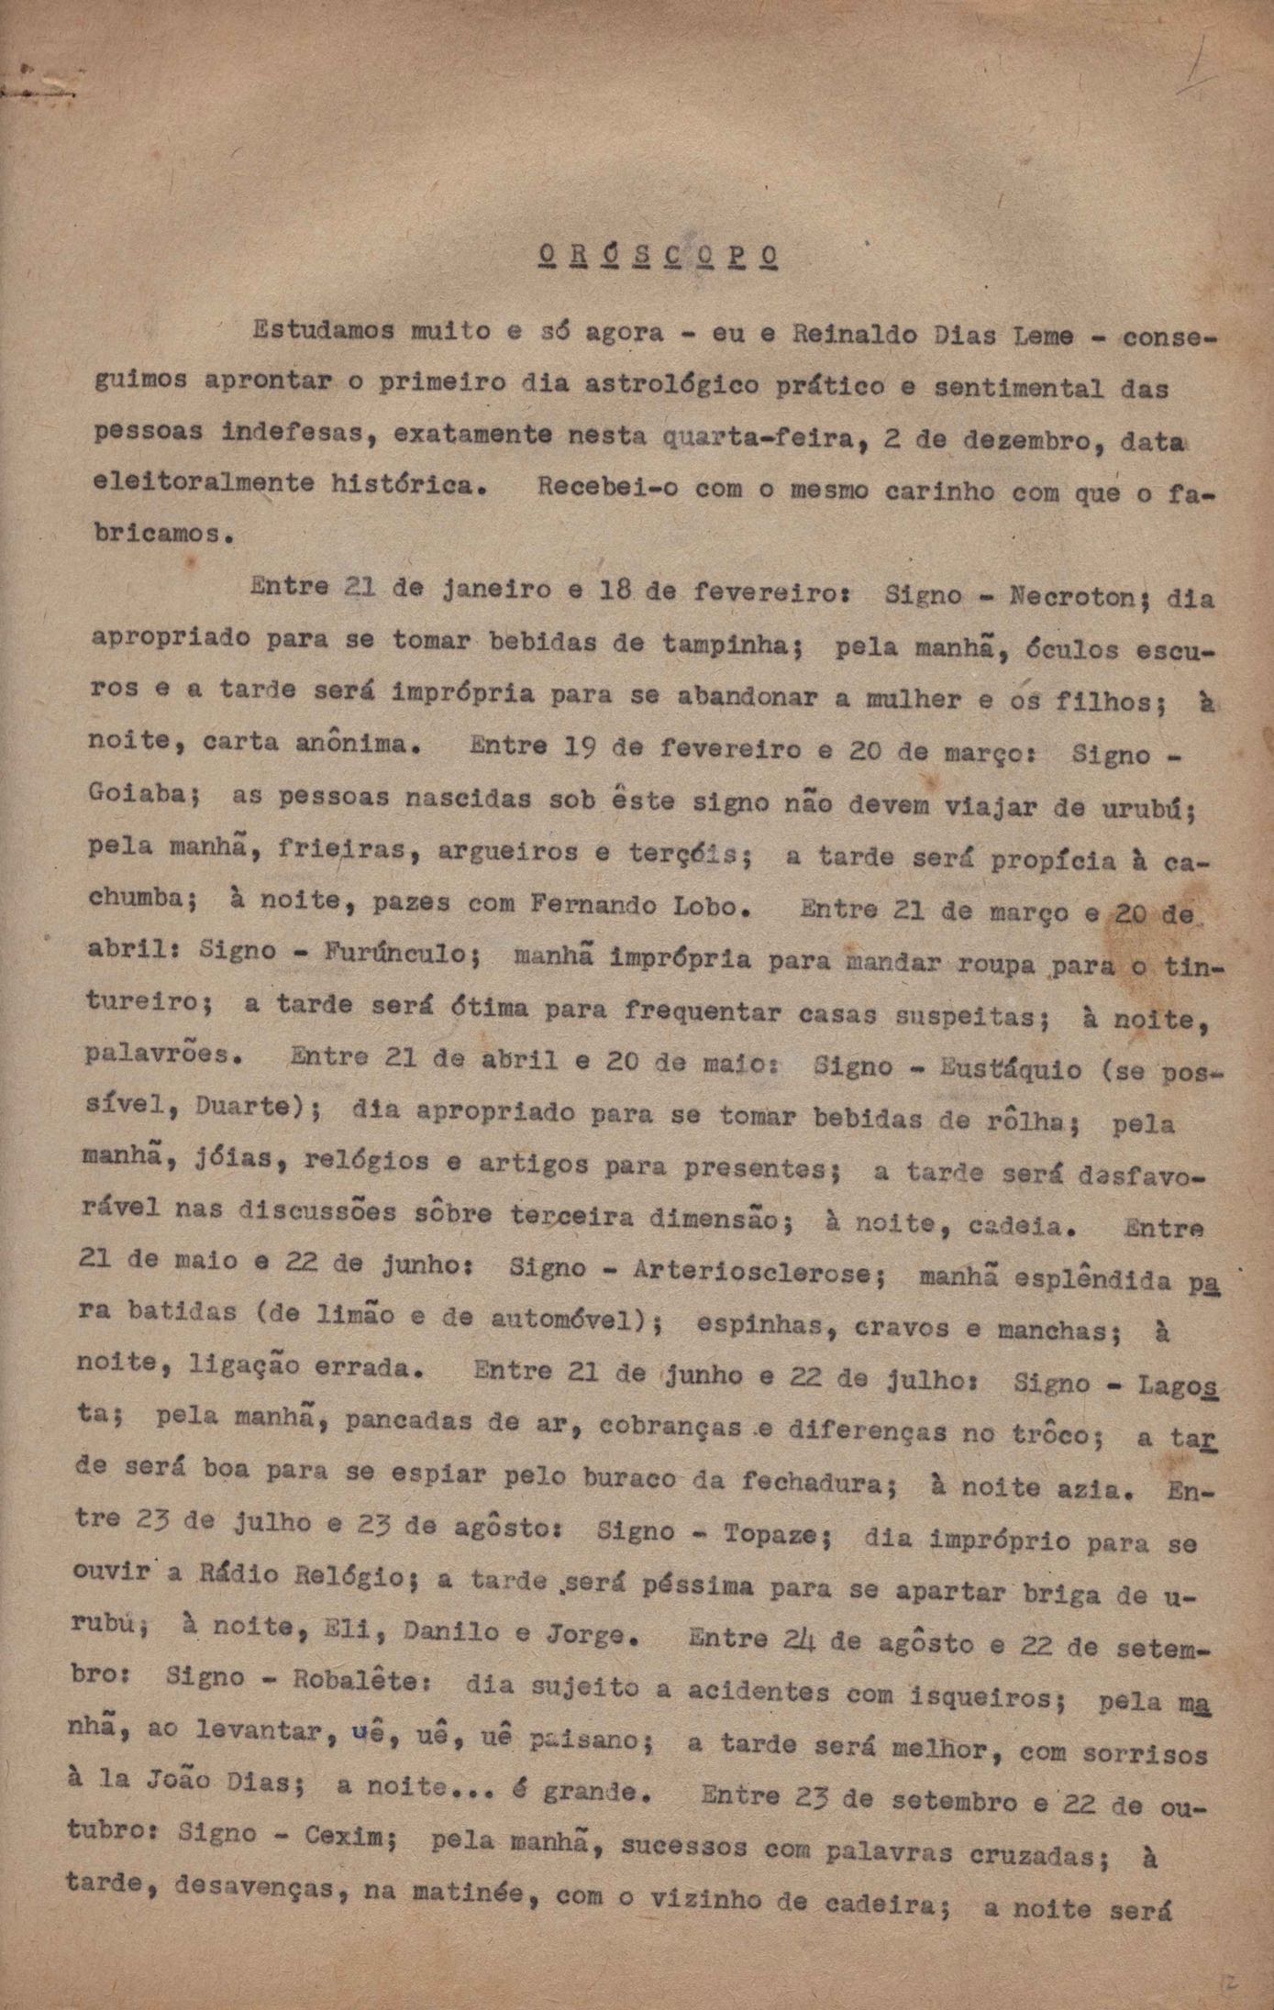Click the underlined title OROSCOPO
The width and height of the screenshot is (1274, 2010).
click(x=656, y=256)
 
